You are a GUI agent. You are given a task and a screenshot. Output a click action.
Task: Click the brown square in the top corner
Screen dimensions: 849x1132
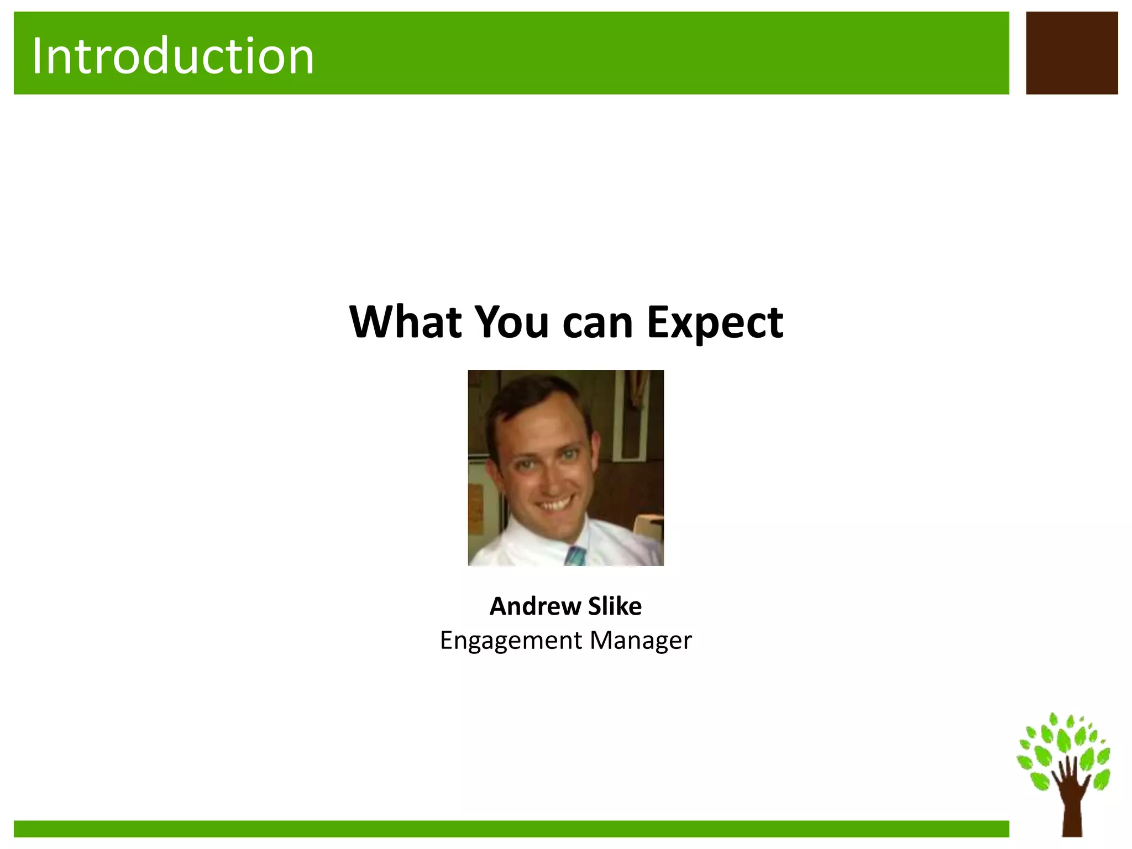click(x=1071, y=53)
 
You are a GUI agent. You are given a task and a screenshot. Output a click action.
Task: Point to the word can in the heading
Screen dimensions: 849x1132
click(x=598, y=323)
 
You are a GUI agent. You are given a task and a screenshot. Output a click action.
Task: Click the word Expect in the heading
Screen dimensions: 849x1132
click(x=714, y=323)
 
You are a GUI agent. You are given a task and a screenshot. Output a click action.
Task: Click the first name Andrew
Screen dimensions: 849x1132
click(x=534, y=606)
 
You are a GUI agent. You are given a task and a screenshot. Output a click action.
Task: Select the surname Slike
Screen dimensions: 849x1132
click(x=615, y=606)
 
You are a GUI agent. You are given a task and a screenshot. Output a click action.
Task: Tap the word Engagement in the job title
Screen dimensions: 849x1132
click(x=511, y=641)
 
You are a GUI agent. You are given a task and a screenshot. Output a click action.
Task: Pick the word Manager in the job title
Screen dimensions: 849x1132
click(x=640, y=641)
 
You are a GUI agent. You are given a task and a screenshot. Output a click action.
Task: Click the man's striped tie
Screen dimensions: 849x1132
click(x=575, y=555)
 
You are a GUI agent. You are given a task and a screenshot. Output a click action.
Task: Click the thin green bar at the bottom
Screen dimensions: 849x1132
click(x=511, y=829)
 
